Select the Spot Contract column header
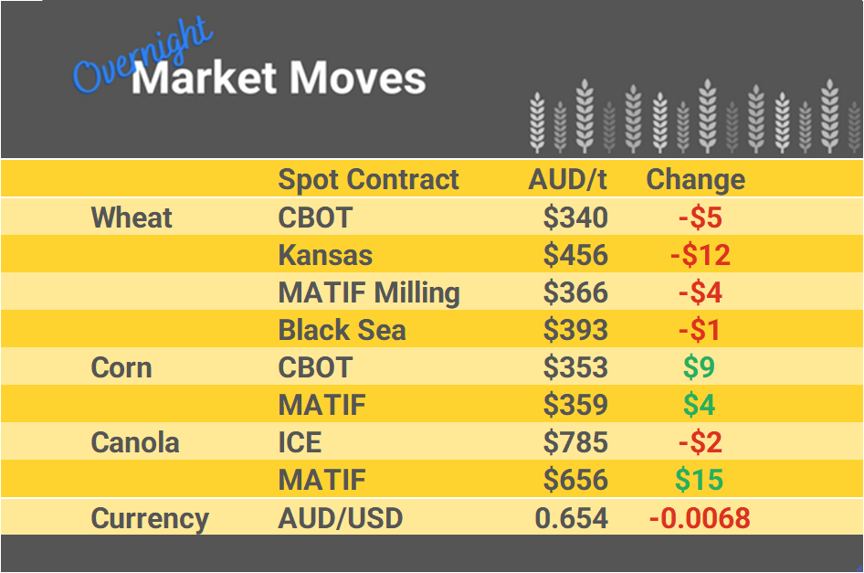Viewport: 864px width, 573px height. coord(368,179)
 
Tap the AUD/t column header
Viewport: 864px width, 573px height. coord(567,179)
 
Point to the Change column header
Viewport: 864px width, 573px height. coord(695,179)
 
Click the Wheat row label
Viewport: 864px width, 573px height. coord(132,218)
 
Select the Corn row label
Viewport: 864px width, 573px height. coord(121,367)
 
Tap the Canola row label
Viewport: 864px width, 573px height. coord(135,442)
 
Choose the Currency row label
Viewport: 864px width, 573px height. coord(150,518)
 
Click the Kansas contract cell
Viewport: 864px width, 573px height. coord(325,255)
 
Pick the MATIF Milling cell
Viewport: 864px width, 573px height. coord(369,292)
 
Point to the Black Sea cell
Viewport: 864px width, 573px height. coord(342,330)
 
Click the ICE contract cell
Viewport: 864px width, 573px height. coord(300,442)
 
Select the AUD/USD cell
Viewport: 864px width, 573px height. coord(340,518)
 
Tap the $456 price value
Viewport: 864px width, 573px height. coord(575,255)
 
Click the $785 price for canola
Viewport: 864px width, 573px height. coord(575,442)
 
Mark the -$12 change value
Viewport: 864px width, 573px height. coord(700,255)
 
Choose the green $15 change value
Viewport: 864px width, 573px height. coord(699,480)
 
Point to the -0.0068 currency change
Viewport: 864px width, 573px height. coord(700,518)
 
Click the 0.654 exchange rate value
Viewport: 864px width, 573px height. coord(571,518)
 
